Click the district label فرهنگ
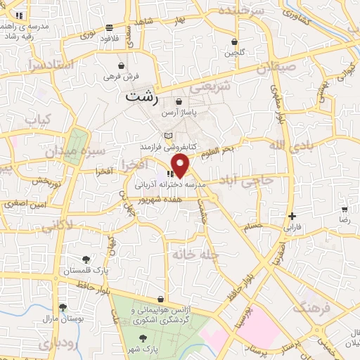tap(311, 290)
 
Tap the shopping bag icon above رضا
tap(345, 210)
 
